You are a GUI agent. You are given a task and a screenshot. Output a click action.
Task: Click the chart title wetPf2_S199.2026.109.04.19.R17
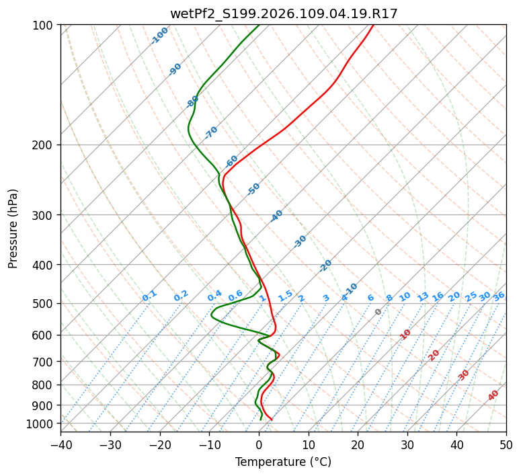click(x=283, y=13)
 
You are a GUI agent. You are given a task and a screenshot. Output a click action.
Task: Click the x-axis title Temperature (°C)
click(x=283, y=463)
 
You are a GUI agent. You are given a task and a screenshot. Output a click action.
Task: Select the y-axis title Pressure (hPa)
click(x=13, y=229)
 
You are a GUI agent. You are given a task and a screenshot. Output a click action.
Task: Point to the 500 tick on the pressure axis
click(x=44, y=304)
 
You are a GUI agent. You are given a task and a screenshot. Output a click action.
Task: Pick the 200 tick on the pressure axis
click(x=44, y=145)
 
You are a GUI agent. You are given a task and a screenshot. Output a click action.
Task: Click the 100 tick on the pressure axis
click(x=44, y=26)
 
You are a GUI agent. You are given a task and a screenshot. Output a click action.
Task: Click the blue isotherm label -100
click(x=159, y=36)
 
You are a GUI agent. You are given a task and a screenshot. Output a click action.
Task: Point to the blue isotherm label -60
click(x=231, y=161)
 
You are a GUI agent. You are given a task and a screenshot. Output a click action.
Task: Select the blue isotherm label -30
click(x=300, y=241)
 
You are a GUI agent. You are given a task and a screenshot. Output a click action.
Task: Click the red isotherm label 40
click(x=493, y=395)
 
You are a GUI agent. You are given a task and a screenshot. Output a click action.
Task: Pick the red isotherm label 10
click(x=405, y=334)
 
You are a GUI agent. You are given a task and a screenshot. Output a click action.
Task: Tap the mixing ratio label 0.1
click(x=149, y=296)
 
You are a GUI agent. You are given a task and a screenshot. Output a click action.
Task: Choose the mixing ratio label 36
click(x=499, y=296)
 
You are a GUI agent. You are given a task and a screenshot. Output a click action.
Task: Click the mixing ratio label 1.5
click(x=285, y=295)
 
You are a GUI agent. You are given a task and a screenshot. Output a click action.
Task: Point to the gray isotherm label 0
click(x=378, y=312)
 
